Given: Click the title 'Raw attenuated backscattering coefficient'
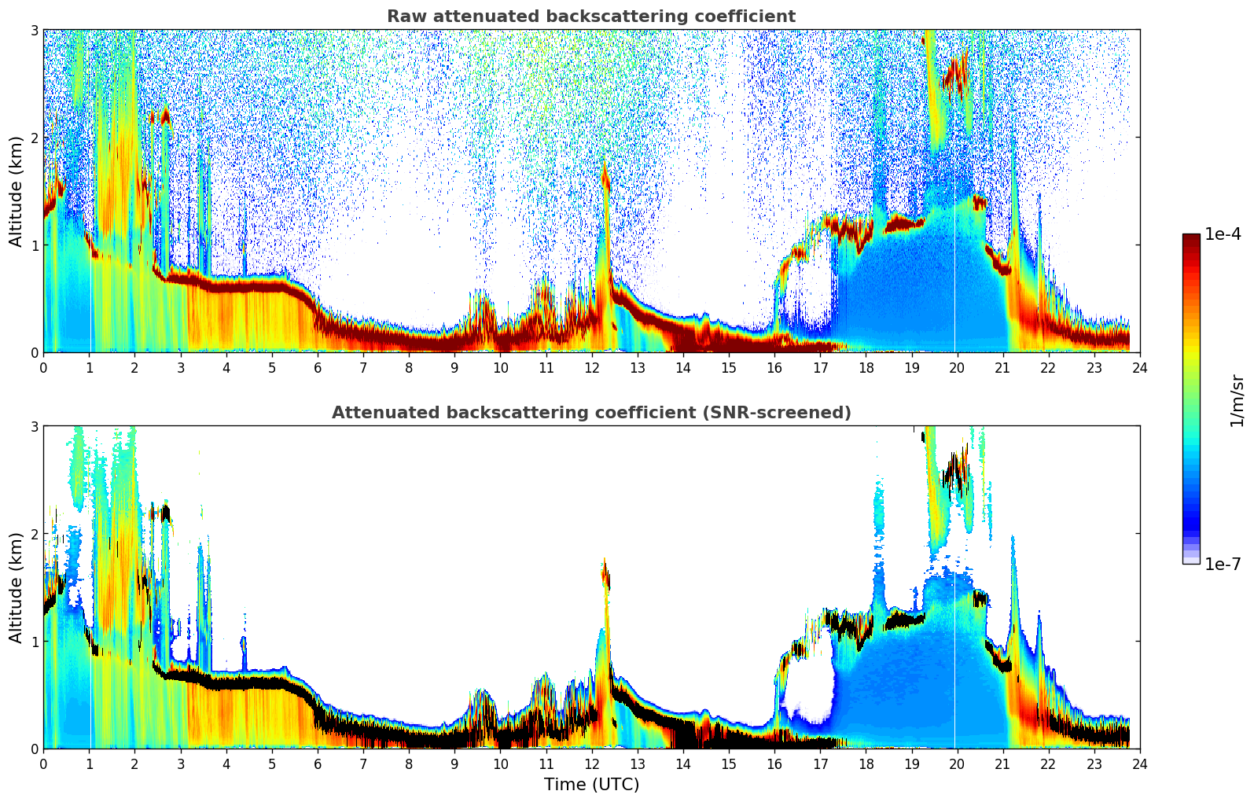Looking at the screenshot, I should click(591, 17).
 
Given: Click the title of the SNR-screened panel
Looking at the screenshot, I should click(591, 413).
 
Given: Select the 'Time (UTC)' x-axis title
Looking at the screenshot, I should click(591, 785).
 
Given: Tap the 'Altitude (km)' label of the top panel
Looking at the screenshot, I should click(17, 191).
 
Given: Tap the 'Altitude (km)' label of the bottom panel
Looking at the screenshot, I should click(17, 587).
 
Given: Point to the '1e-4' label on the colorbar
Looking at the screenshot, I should click(1223, 234).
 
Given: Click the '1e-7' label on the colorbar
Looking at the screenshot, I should click(1223, 564).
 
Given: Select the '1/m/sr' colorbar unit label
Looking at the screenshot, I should click(1237, 401).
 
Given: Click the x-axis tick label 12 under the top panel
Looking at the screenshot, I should click(591, 367).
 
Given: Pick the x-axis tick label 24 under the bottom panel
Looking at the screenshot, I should click(1139, 763).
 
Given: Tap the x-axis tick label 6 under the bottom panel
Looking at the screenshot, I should click(318, 763).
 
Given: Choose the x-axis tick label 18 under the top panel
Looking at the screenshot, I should click(866, 367).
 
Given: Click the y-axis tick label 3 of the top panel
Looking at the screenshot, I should click(35, 30).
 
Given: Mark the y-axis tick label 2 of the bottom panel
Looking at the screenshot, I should click(35, 534).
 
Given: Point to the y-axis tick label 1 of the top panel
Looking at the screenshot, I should click(35, 245).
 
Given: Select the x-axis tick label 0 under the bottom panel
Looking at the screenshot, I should click(43, 763).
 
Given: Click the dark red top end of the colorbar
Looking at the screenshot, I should click(1191, 237).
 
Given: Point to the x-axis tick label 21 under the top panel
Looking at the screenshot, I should click(1002, 367).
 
